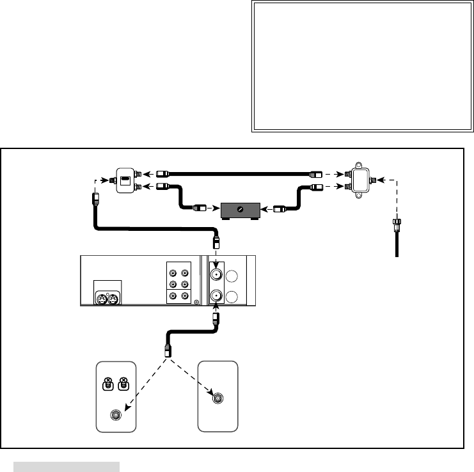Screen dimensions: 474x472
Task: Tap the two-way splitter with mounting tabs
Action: tap(360, 178)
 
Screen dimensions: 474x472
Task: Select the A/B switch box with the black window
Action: tap(126, 179)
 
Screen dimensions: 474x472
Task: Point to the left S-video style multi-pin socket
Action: tap(102, 298)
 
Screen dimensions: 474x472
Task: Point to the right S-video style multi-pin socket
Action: tap(114, 298)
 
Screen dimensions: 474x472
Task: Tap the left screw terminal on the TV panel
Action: tap(109, 385)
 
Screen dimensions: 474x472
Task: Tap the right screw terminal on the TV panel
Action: tap(123, 385)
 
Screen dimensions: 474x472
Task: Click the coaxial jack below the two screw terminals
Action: tap(116, 414)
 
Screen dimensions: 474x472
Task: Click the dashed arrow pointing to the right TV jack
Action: tap(192, 377)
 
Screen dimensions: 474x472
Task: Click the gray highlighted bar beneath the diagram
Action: tap(67, 466)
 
